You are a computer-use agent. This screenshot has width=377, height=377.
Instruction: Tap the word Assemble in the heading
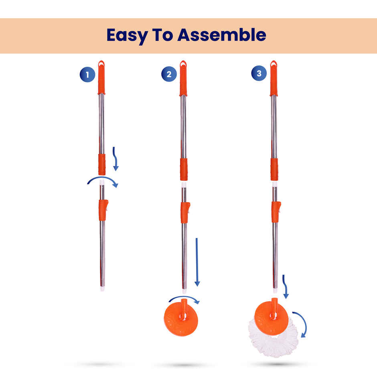pos(221,35)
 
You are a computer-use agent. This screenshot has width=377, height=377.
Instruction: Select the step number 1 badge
pos(87,75)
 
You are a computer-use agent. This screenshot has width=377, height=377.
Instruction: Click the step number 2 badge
pos(169,74)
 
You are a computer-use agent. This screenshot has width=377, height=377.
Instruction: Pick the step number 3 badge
pos(259,73)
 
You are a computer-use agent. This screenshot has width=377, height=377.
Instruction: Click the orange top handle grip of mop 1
pos(101,78)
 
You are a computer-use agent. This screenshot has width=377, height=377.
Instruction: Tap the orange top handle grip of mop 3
pos(274,79)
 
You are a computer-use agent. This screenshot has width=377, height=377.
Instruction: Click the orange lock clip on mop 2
pos(185,212)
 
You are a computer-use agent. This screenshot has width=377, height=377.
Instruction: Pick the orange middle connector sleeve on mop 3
pos(274,169)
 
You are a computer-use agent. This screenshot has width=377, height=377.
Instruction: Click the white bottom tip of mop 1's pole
pos(102,288)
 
